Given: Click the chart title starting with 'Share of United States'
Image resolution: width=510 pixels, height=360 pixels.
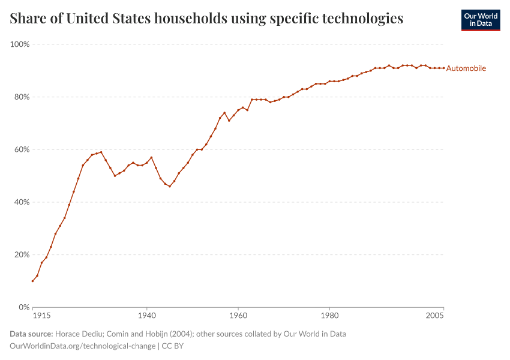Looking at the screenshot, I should [206, 19].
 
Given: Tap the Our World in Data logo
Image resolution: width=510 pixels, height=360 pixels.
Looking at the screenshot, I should [480, 20].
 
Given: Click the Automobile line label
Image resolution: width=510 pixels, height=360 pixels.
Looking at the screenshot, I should [466, 68].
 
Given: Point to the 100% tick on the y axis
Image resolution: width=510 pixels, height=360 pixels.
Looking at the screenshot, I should [20, 44].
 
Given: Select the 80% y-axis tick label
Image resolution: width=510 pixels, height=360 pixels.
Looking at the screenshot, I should [22, 97].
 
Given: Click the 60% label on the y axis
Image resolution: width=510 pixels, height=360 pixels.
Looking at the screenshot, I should [22, 149].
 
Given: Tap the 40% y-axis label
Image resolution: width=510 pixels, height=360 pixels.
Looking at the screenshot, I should [22, 202].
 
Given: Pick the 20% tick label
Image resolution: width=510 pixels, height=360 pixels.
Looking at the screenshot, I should [22, 254].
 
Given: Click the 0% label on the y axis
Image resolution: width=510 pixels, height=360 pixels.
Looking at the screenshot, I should [24, 307].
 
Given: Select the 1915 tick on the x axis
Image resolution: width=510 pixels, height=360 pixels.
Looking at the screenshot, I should [41, 315].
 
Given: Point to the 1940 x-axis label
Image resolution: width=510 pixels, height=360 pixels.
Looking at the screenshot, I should [146, 315].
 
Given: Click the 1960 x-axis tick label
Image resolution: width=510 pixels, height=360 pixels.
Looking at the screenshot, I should [238, 315].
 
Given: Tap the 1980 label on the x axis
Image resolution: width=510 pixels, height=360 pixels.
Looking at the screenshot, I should [329, 315].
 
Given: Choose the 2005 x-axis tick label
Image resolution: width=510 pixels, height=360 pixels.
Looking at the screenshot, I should [434, 315].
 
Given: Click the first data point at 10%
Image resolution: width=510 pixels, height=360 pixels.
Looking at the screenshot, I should [32, 281].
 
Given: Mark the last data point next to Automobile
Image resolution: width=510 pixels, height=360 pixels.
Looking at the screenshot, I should [443, 68].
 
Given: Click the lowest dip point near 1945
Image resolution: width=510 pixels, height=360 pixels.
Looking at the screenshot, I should [170, 187].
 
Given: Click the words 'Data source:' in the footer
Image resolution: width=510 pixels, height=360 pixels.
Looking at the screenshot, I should [31, 334].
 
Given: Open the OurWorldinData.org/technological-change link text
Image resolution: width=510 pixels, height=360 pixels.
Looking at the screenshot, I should [82, 346].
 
